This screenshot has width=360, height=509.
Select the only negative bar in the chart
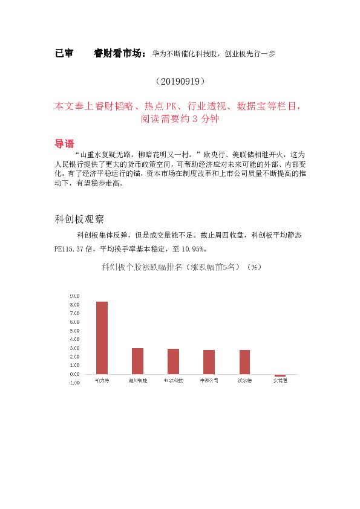(280, 375)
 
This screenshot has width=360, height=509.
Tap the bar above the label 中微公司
(209, 361)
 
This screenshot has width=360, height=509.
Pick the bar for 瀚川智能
(137, 361)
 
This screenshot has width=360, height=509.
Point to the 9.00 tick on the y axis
(74, 296)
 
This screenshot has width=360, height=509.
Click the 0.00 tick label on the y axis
(74, 374)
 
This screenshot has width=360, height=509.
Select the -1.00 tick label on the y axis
(74, 383)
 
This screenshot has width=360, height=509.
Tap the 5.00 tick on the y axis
(74, 331)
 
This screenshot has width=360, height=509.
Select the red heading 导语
(64, 144)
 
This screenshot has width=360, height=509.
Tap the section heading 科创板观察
(80, 219)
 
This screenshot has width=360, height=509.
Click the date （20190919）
(180, 80)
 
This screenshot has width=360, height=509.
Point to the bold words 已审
(64, 54)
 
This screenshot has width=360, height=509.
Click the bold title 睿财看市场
(119, 54)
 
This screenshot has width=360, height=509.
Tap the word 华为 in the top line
(159, 54)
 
